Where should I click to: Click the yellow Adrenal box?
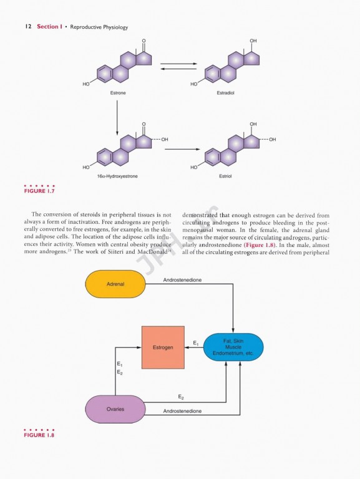pos(115,284)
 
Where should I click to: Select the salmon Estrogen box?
pos(163,346)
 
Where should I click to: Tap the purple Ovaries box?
pos(115,409)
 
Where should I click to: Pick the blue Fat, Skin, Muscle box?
pos(233,347)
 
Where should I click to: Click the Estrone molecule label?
pos(118,93)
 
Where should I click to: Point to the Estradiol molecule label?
pos(226,93)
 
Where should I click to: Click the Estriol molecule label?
pos(226,177)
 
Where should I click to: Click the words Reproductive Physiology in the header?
pos(99,27)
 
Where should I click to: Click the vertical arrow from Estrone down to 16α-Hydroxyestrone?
pos(117,117)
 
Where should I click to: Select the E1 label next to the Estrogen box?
pos(196,342)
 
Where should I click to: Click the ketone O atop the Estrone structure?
pos(144,42)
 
